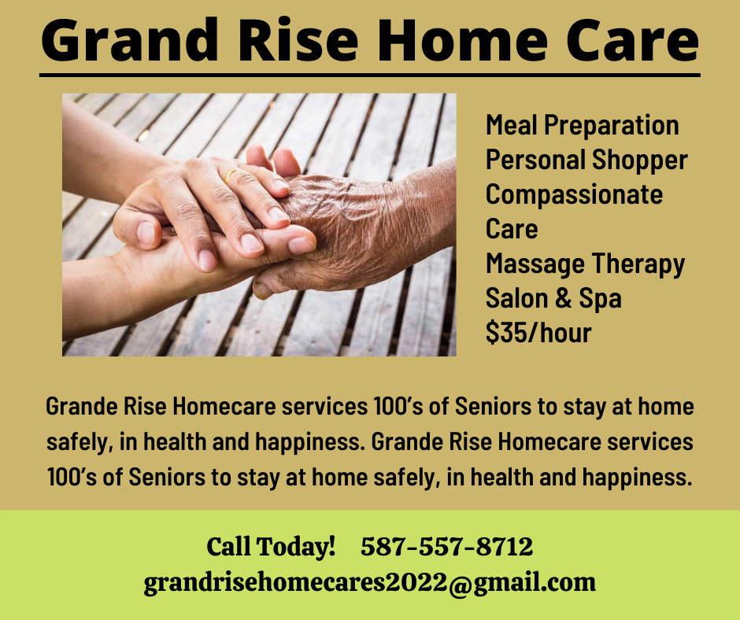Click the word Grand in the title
tap(130, 42)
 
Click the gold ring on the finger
tap(231, 175)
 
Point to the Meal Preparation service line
tap(583, 125)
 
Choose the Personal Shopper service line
tap(586, 160)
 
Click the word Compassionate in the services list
tap(575, 194)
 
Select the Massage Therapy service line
tap(585, 264)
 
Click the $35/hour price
tap(538, 333)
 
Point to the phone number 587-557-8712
tap(447, 546)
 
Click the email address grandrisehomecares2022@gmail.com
tap(369, 583)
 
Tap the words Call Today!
tap(271, 546)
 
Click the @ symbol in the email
tap(461, 584)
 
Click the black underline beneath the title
tap(370, 75)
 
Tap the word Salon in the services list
tap(517, 298)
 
